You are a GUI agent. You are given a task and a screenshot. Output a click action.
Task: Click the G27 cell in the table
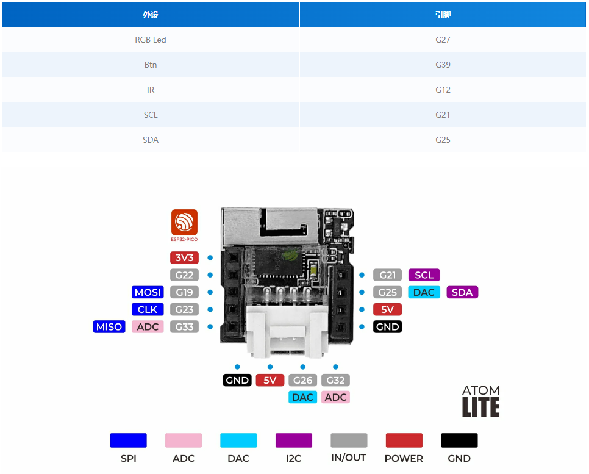pos(443,40)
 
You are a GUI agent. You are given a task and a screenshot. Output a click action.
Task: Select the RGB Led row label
pos(151,40)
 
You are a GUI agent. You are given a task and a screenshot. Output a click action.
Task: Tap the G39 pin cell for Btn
pos(443,65)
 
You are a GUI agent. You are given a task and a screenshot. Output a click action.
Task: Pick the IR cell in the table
pos(151,90)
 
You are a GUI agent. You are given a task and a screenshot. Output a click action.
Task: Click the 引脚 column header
pos(443,15)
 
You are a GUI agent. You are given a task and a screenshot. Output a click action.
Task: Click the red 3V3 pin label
pos(184,257)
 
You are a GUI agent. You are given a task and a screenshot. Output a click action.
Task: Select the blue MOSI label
pos(148,292)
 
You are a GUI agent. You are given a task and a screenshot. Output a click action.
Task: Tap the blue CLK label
pos(148,309)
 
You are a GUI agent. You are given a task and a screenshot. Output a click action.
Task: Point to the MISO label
pos(109,327)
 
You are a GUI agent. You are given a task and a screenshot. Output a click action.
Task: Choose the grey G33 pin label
pos(184,327)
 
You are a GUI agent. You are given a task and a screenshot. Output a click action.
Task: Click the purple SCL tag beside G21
pos(424,275)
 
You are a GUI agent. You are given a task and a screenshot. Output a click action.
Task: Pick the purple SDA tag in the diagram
pos(462,292)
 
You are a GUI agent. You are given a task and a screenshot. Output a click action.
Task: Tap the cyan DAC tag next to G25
pos(424,292)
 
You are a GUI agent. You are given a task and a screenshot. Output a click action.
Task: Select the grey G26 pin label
pos(302,380)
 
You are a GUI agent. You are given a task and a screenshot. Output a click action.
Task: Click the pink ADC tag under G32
pos(335,397)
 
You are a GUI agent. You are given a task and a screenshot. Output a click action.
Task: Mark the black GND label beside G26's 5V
pos(237,380)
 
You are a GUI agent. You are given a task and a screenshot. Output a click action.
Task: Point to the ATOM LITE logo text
pos(480,401)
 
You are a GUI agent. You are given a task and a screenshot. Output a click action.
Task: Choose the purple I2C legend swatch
pos(294,440)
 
